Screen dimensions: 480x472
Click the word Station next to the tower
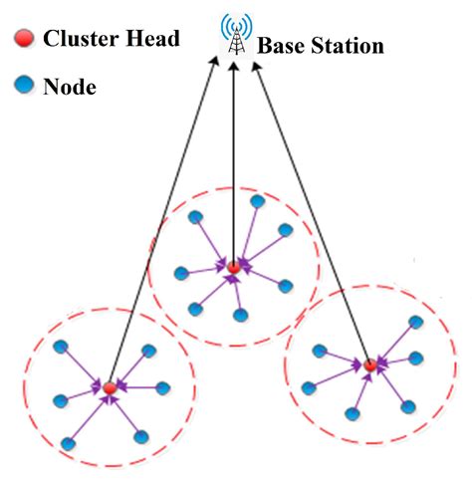(x=348, y=46)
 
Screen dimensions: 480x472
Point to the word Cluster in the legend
(x=80, y=40)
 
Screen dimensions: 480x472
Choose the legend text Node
(x=69, y=88)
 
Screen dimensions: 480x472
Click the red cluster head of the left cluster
(x=109, y=386)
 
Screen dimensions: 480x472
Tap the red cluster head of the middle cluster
(x=233, y=267)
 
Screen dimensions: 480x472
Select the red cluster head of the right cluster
(x=368, y=365)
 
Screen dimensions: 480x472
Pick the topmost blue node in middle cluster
(x=258, y=201)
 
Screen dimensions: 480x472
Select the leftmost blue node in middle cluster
(x=180, y=272)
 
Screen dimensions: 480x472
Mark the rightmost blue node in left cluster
(x=162, y=387)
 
